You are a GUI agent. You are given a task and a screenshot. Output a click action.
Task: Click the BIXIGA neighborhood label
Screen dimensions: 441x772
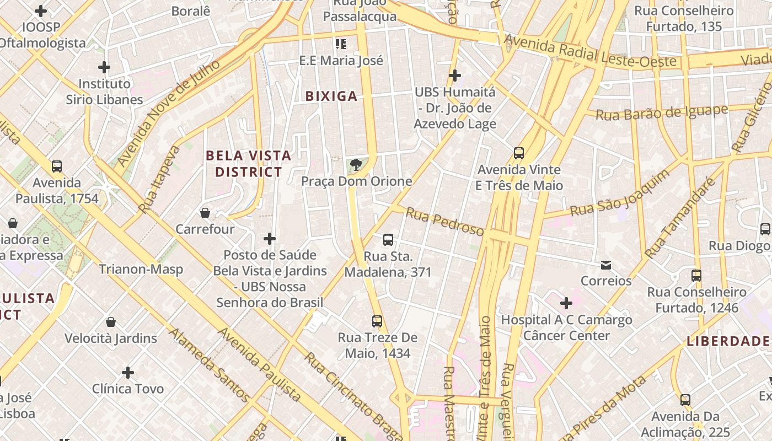pyautogui.click(x=331, y=96)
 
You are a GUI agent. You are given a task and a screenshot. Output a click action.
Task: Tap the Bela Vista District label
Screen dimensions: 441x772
pyautogui.click(x=248, y=164)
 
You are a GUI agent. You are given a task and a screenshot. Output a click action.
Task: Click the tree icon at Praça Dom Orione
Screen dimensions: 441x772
pyautogui.click(x=357, y=164)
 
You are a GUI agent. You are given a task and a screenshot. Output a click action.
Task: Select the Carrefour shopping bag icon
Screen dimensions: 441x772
pyautogui.click(x=205, y=212)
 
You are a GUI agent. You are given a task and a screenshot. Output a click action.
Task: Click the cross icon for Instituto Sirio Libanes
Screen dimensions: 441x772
pyautogui.click(x=104, y=68)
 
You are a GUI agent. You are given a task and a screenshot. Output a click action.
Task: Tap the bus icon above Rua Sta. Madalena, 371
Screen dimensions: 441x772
pyautogui.click(x=388, y=239)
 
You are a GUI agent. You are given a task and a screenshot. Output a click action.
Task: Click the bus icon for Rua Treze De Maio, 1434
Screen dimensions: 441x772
pyautogui.click(x=377, y=321)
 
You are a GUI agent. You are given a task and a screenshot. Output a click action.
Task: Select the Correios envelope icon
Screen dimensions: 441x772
pyautogui.click(x=606, y=265)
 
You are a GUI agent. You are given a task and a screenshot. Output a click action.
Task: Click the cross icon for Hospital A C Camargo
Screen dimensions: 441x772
pyautogui.click(x=566, y=303)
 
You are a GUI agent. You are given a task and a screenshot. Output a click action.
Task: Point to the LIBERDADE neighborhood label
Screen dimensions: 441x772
pyautogui.click(x=728, y=341)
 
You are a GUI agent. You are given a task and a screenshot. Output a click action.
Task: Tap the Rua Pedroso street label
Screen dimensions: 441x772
pyautogui.click(x=445, y=221)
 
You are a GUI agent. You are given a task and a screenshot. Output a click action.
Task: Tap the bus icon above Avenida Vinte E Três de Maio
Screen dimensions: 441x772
pyautogui.click(x=518, y=153)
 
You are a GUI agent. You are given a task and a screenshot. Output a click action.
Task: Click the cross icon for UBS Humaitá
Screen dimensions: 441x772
pyautogui.click(x=455, y=75)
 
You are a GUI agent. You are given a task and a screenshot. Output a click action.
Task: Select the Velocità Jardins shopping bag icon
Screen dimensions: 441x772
pyautogui.click(x=111, y=322)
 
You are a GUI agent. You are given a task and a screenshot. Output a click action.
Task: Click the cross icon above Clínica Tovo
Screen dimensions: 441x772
pyautogui.click(x=128, y=373)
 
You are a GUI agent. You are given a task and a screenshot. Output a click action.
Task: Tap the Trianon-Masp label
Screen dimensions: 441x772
pyautogui.click(x=141, y=270)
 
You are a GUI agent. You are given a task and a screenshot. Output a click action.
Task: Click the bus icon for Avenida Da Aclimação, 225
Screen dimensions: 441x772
pyautogui.click(x=685, y=400)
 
